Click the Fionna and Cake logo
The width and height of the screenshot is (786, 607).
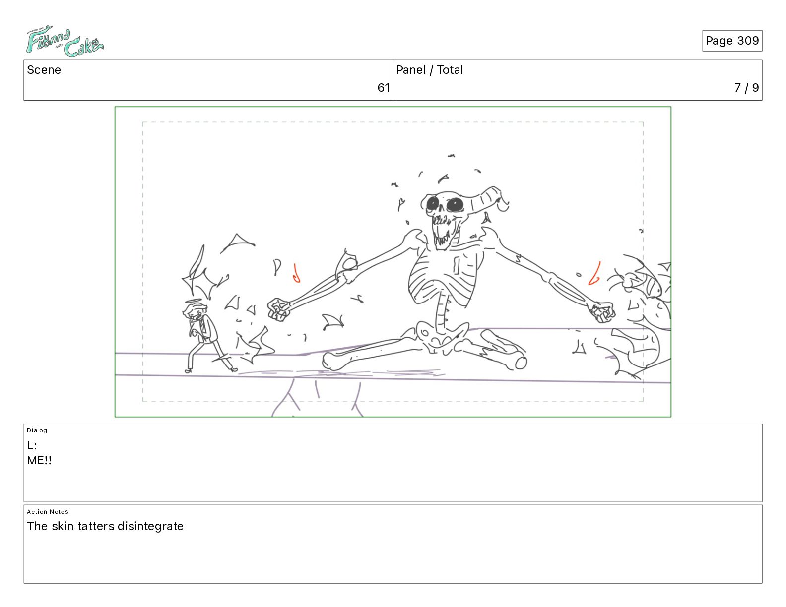pyautogui.click(x=65, y=41)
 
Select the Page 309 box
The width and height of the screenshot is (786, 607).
pyautogui.click(x=732, y=41)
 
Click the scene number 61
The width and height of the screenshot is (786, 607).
pyautogui.click(x=383, y=88)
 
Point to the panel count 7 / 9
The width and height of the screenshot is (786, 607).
pyautogui.click(x=746, y=88)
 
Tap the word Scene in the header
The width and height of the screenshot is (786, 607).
pyautogui.click(x=44, y=70)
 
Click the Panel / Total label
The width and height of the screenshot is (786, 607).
pyautogui.click(x=429, y=70)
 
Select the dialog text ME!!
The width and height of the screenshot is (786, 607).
pyautogui.click(x=39, y=460)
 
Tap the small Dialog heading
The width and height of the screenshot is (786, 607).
pyautogui.click(x=37, y=430)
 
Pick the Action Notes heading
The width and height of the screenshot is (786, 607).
pyautogui.click(x=47, y=512)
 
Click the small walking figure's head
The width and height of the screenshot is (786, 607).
pyautogui.click(x=195, y=312)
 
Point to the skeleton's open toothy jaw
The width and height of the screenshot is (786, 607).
pyautogui.click(x=446, y=232)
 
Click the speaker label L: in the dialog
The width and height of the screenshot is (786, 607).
pyautogui.click(x=32, y=445)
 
